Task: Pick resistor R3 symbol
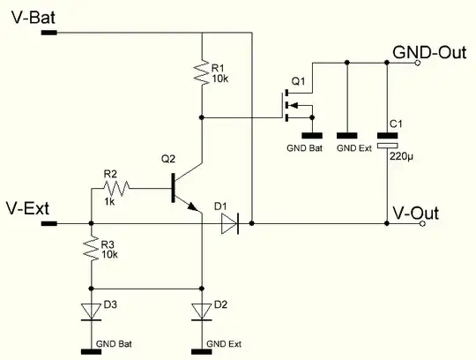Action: click(91, 251)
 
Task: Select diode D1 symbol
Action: click(228, 224)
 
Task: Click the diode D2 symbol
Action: click(203, 311)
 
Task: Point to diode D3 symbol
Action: click(91, 311)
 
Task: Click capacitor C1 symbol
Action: click(387, 139)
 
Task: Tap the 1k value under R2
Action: click(109, 202)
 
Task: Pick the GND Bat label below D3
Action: click(110, 342)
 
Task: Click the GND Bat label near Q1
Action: click(307, 147)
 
